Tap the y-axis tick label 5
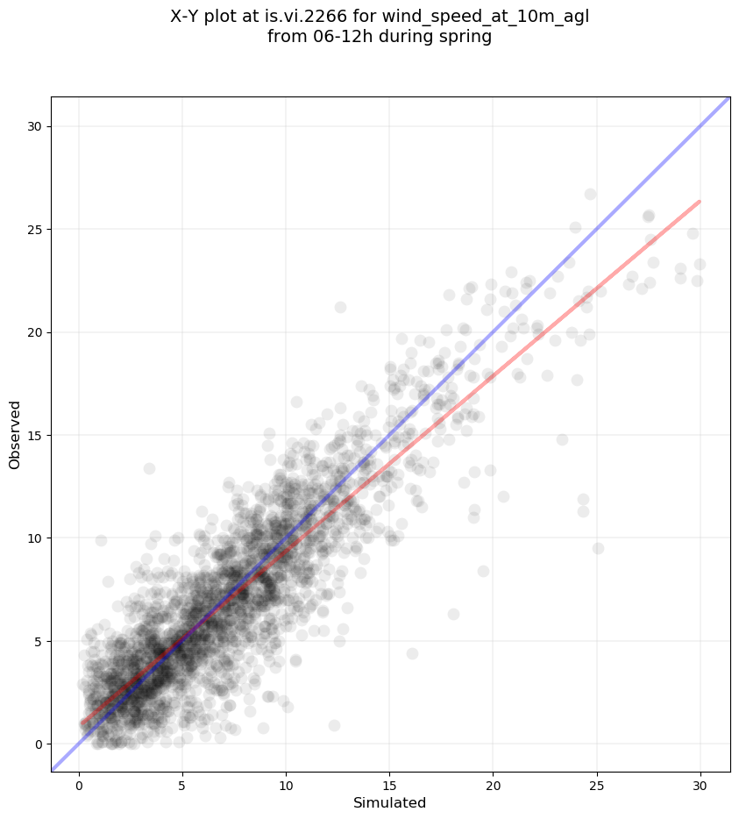coord(38,641)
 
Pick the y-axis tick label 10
coord(35,538)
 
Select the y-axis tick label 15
coord(35,435)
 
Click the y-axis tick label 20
coord(35,332)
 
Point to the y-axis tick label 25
coord(35,230)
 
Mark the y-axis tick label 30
coord(35,126)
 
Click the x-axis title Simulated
coord(389,803)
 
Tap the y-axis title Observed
coord(16,434)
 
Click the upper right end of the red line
coord(699,202)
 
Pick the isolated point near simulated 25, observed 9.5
coord(598,548)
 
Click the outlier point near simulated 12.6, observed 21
coord(340,307)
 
